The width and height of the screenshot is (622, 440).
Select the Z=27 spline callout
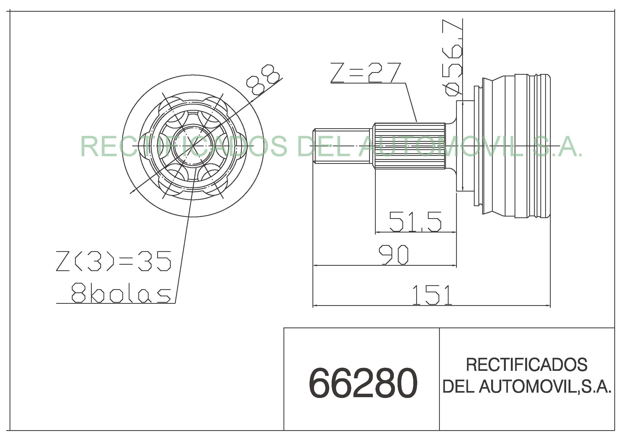[365, 72]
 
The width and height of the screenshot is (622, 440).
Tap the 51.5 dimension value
[415, 222]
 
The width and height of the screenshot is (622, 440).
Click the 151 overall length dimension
[432, 295]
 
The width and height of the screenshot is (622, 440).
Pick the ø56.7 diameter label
[452, 57]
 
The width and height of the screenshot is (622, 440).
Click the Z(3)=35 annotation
[114, 261]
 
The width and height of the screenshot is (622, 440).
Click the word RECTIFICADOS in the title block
[526, 365]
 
